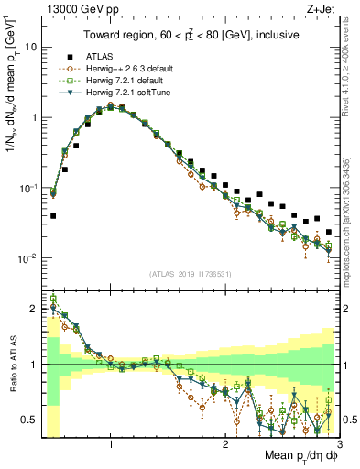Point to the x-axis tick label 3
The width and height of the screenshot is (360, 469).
338,445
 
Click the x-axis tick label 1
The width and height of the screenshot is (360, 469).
111,445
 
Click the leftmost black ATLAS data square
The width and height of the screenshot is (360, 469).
53,216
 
